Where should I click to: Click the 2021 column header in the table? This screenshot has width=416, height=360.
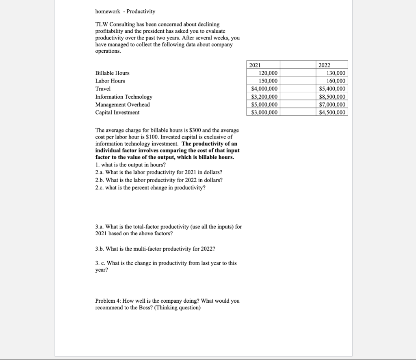(255, 65)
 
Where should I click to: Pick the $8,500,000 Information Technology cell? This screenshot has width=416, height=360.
(332, 97)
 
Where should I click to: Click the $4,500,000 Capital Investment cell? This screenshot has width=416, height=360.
(332, 112)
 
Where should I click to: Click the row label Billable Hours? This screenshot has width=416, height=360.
(113, 73)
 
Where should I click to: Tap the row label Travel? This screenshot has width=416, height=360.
(103, 89)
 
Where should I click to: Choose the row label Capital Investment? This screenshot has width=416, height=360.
(117, 112)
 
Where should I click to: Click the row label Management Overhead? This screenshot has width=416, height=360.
(122, 104)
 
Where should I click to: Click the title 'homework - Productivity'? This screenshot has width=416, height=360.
(125, 11)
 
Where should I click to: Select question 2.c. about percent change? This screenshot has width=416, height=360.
(150, 187)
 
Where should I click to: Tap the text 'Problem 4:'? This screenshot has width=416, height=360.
(108, 301)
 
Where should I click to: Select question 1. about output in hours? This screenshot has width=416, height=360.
(130, 165)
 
